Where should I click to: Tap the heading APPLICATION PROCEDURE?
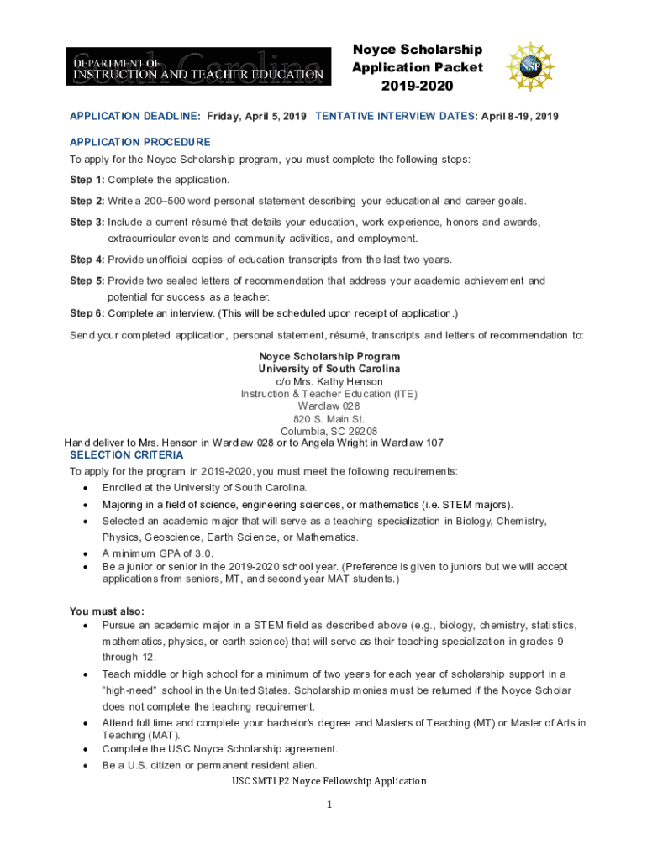click(x=140, y=142)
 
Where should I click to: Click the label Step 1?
click(x=87, y=180)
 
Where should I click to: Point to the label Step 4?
click(x=87, y=260)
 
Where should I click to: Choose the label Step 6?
click(x=87, y=313)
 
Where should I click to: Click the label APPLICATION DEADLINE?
click(x=135, y=116)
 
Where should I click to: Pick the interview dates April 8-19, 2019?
click(x=518, y=116)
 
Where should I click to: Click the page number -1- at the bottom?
click(x=329, y=805)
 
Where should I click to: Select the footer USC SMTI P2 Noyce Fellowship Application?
click(x=329, y=781)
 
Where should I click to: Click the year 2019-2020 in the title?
click(x=418, y=86)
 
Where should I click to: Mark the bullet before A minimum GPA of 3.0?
click(x=86, y=553)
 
